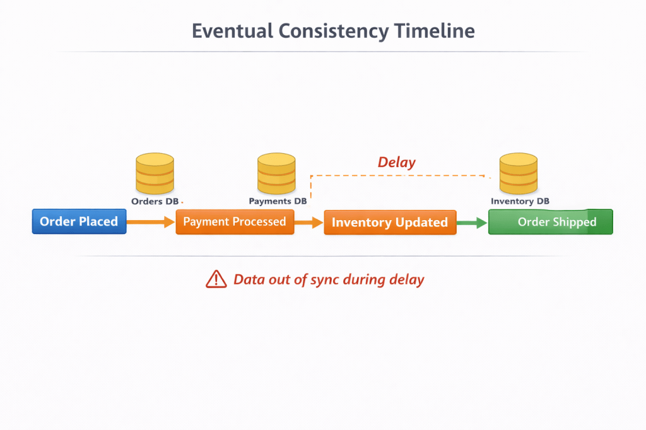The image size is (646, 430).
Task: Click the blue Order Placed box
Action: pos(79,221)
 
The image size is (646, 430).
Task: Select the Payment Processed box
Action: pos(235,222)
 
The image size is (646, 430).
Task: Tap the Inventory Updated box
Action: pos(390,223)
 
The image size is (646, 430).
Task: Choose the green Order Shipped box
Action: pos(550,222)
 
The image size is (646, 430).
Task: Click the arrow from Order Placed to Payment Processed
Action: pos(151,222)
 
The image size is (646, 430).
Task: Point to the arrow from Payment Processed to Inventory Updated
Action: pos(309,223)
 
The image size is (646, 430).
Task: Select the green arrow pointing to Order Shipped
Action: pos(472,223)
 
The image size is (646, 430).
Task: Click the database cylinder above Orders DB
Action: pos(155,173)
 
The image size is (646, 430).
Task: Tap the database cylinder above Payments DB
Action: pos(276,173)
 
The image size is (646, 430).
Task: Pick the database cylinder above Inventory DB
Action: pos(519,173)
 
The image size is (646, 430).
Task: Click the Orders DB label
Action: pos(155,201)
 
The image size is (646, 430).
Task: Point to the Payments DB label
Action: pos(278,201)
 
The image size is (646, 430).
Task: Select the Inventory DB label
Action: pos(520,201)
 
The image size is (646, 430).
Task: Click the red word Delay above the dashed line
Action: pos(396,162)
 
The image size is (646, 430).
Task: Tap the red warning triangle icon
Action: pos(216,279)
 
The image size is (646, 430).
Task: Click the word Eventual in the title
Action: pos(232,32)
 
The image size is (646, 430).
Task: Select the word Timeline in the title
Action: pos(434,32)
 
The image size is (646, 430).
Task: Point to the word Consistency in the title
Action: pos(334,32)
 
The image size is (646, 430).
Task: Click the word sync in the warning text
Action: pos(325,280)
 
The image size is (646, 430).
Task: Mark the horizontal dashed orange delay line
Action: pos(398,176)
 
